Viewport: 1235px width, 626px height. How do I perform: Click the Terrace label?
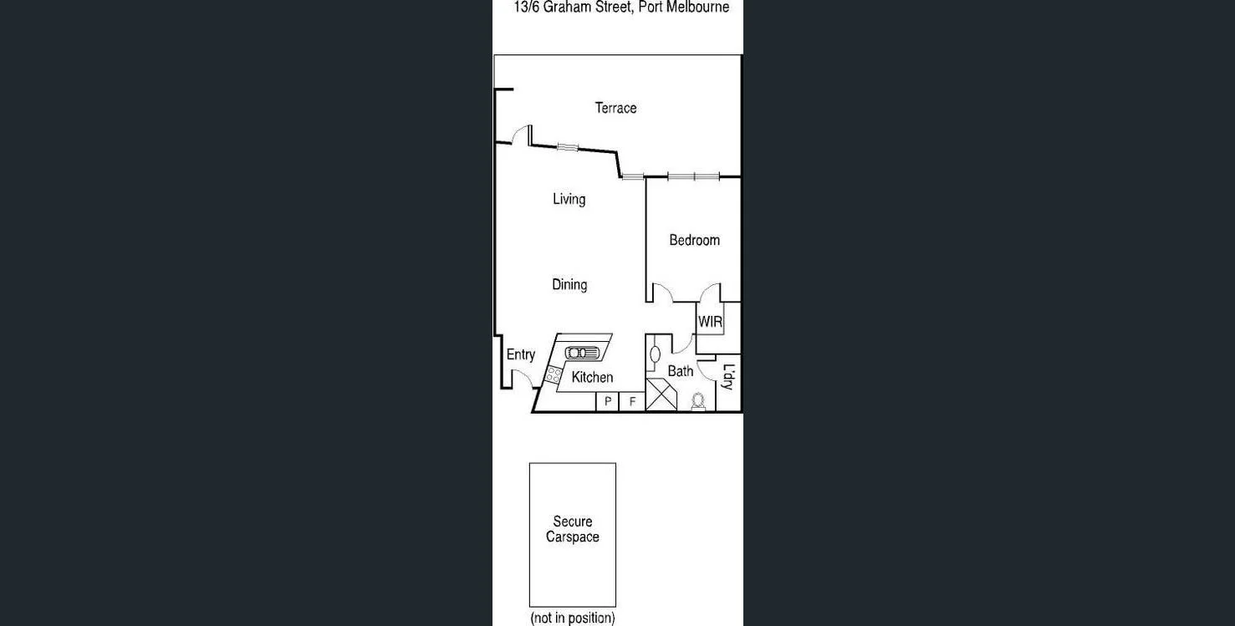coord(615,108)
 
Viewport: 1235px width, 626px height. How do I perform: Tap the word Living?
coord(569,199)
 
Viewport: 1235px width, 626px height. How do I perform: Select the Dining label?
coord(569,285)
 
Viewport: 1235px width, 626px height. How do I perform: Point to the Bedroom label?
coord(694,241)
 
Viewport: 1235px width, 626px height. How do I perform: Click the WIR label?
coord(710,322)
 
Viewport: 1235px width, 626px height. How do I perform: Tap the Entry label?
coord(520,355)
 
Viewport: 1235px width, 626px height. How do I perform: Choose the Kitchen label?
coord(592,378)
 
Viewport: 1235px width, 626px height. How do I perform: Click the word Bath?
coord(680,371)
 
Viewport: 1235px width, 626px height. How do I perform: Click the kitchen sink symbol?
coord(582,353)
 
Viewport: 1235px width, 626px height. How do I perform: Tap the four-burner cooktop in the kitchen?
coord(553,375)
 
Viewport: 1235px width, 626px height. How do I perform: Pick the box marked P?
coord(608,402)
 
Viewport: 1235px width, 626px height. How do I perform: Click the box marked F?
coord(632,402)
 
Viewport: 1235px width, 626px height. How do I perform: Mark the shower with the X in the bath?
coord(661,394)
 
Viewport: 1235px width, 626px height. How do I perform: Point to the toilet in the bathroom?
coord(698,403)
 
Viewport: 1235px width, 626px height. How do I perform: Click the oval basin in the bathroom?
coord(655,354)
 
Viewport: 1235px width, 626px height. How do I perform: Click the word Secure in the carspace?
coord(573,522)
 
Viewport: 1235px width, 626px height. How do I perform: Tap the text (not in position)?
coord(573,618)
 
